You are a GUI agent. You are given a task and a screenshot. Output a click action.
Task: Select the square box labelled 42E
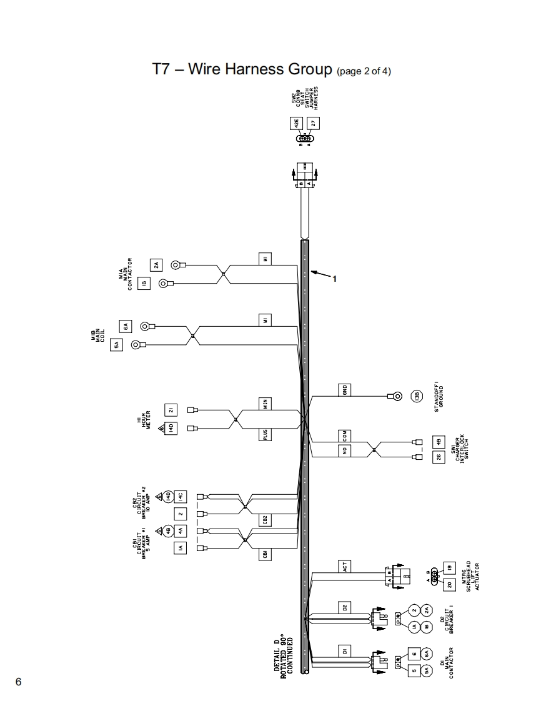pyautogui.click(x=296, y=123)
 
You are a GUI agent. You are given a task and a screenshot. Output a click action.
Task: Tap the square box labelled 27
pyautogui.click(x=314, y=123)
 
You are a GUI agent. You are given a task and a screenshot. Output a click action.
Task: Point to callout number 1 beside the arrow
pyautogui.click(x=334, y=279)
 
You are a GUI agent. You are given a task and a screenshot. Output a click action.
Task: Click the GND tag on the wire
pyautogui.click(x=344, y=390)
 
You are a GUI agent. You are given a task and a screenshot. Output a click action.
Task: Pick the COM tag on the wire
pyautogui.click(x=344, y=435)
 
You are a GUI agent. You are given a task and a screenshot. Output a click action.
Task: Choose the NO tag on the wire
pyautogui.click(x=344, y=450)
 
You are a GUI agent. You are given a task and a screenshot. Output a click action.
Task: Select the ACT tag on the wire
pyautogui.click(x=344, y=567)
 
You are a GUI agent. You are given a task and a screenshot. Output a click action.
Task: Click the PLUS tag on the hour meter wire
pyautogui.click(x=266, y=434)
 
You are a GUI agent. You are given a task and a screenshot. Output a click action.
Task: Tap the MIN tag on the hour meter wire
pyautogui.click(x=266, y=403)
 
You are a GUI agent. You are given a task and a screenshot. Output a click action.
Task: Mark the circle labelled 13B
pyautogui.click(x=417, y=395)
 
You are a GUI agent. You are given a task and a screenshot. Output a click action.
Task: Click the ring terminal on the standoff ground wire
pyautogui.click(x=395, y=395)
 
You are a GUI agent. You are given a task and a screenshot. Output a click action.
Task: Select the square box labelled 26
pyautogui.click(x=439, y=457)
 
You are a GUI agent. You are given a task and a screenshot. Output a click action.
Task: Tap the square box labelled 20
pyautogui.click(x=449, y=585)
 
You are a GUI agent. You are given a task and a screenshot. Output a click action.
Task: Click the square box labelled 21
pyautogui.click(x=171, y=410)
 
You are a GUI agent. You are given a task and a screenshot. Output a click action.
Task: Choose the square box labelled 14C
pyautogui.click(x=179, y=496)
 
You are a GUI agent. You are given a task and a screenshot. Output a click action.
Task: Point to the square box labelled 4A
pyautogui.click(x=179, y=530)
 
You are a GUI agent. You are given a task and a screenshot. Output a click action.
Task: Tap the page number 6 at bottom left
pyautogui.click(x=18, y=682)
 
